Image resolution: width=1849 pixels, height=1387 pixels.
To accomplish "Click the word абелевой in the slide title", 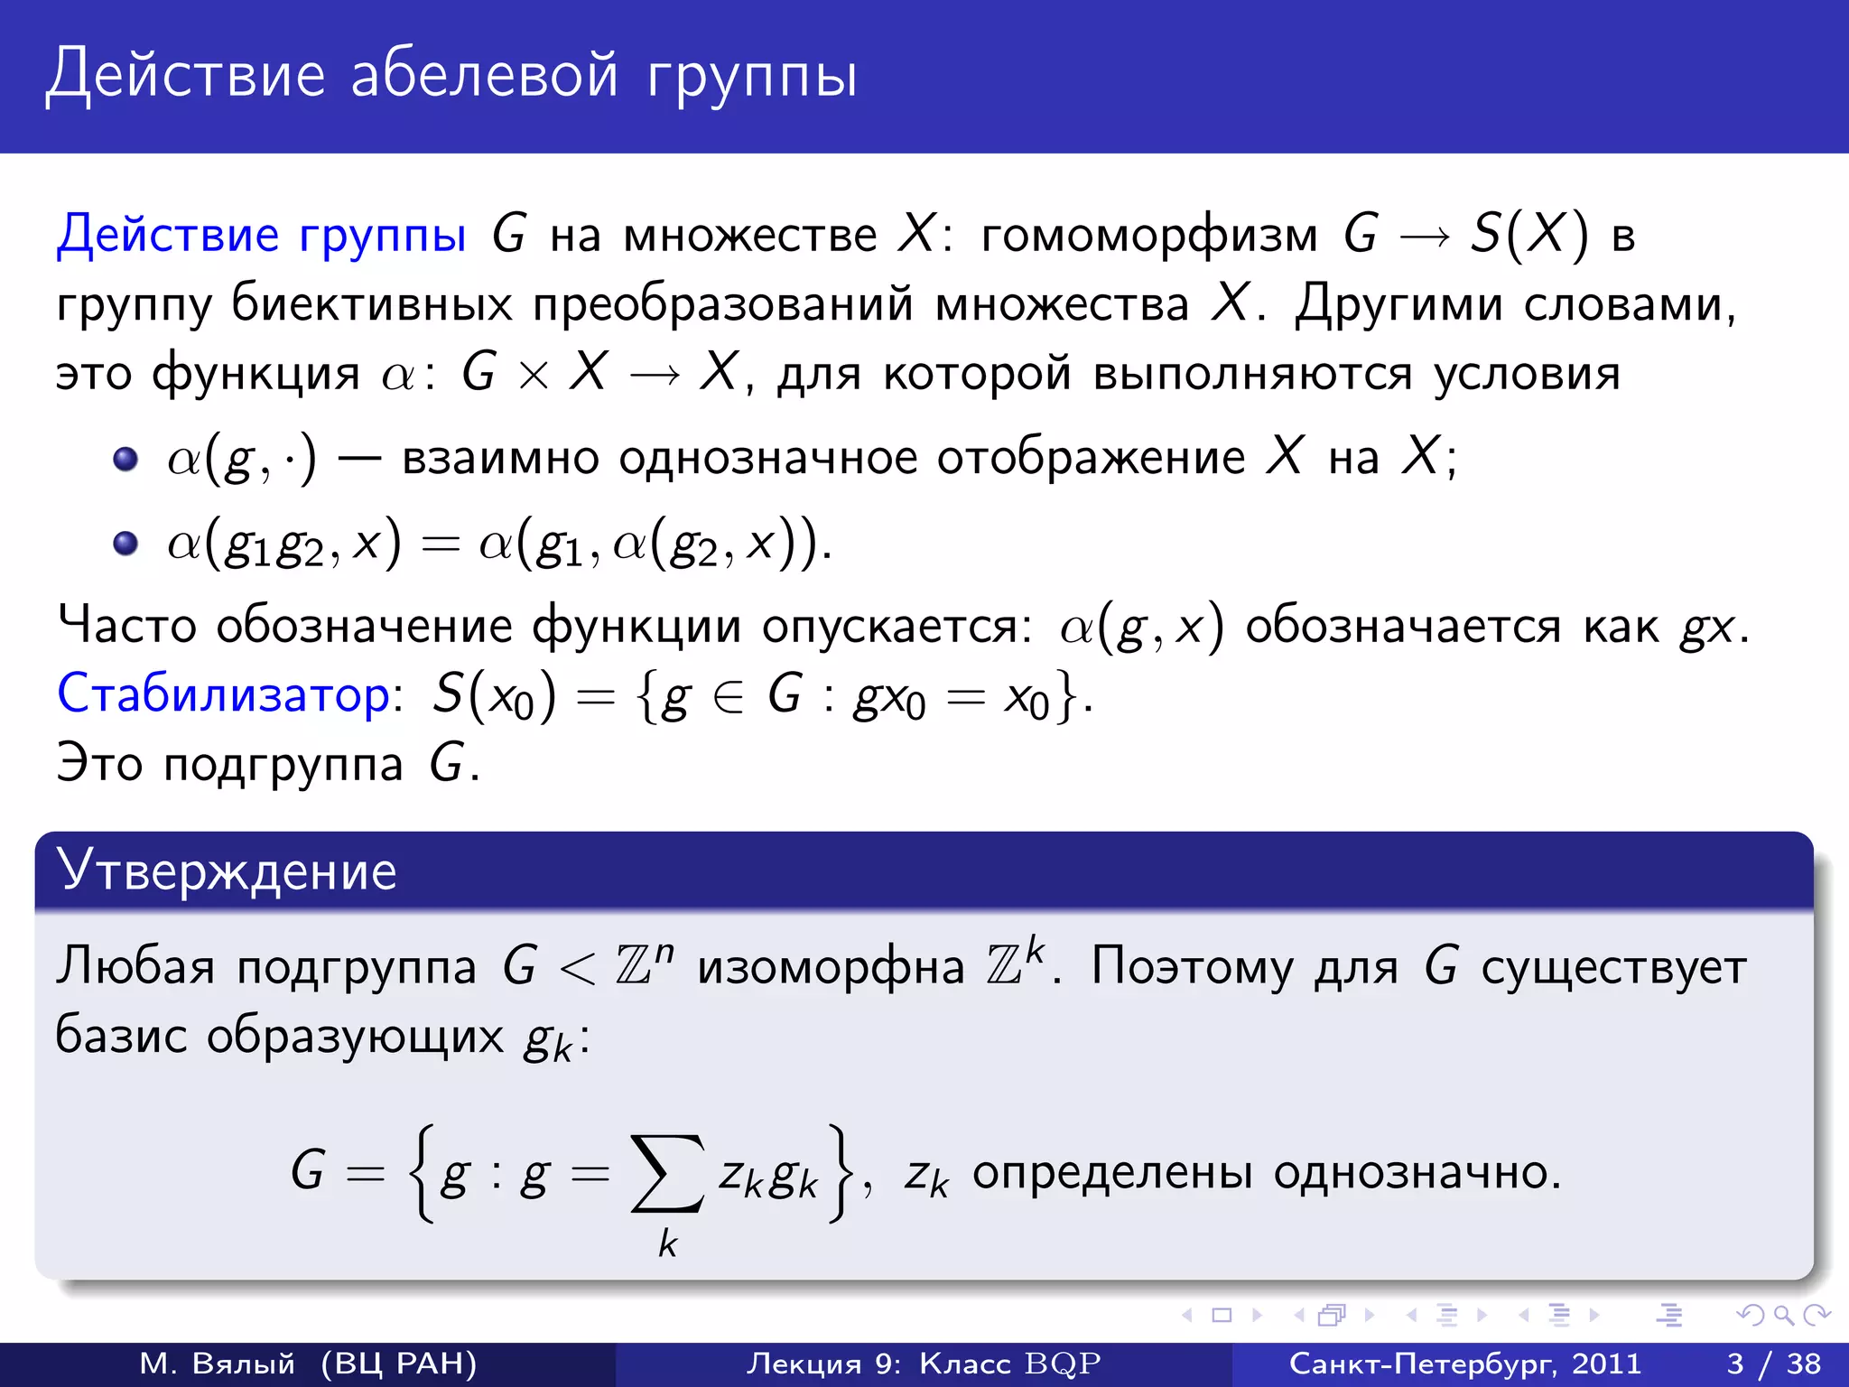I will pos(484,74).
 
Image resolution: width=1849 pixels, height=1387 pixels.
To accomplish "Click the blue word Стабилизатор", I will pos(223,695).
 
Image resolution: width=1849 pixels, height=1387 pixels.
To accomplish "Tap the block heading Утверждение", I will pos(227,871).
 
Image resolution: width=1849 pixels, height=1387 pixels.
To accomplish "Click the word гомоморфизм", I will pos(1149,236).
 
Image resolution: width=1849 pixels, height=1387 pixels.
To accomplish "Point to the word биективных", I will pos(371,304).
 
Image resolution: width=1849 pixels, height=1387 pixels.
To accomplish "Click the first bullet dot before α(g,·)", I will pos(125,459).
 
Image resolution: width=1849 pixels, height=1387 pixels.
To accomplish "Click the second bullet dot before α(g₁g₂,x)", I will pos(125,544).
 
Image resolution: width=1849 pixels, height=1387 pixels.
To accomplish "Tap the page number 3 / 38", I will pos(1773,1364).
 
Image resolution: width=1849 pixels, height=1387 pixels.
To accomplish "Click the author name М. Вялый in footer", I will pos(217,1364).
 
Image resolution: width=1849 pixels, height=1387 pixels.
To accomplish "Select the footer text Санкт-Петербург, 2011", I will pos(1464,1364).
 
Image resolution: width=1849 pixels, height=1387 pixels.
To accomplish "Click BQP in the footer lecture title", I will pos(1063,1364).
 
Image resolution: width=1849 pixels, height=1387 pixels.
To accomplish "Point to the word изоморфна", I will pos(831,968).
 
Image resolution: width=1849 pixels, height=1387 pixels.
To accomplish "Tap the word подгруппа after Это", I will pos(283,766).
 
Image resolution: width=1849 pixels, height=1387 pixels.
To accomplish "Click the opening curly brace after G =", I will pos(421,1173).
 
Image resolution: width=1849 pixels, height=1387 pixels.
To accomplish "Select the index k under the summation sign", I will pos(667,1244).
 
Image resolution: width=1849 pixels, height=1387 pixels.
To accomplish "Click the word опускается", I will pos(897,626).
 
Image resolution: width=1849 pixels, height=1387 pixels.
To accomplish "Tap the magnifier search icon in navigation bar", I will pos(1783,1315).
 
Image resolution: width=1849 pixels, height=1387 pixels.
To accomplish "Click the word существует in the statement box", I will pos(1613,968).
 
